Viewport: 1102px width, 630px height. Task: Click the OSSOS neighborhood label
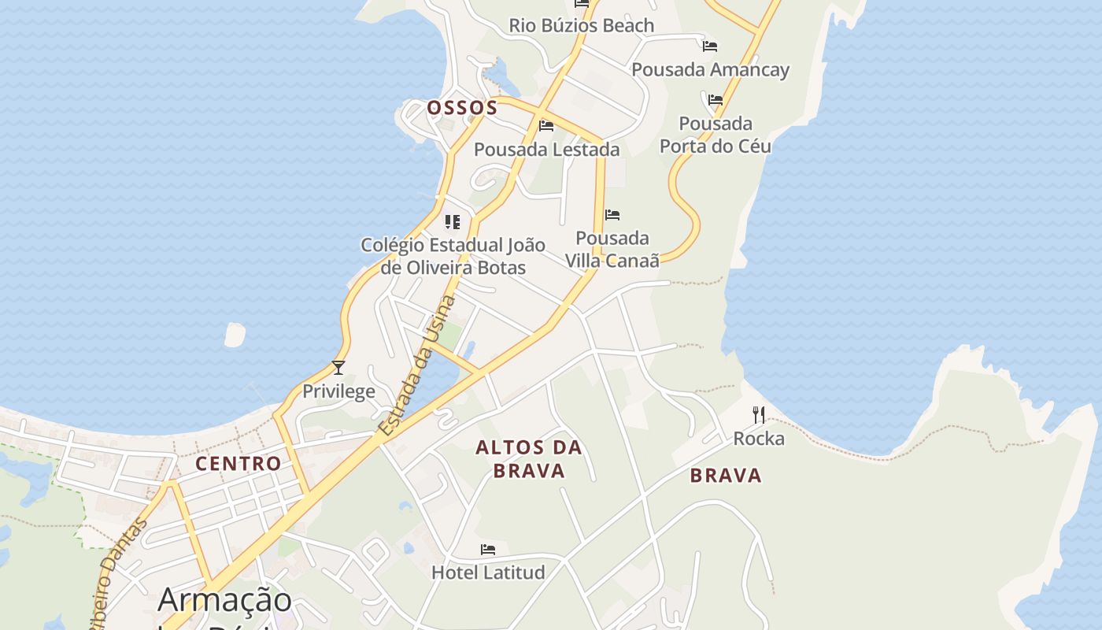pyautogui.click(x=462, y=108)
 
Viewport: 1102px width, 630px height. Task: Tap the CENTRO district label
pyautogui.click(x=239, y=463)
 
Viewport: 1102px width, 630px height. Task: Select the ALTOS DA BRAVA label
pyautogui.click(x=528, y=459)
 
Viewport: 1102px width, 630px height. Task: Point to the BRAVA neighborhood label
pyautogui.click(x=726, y=475)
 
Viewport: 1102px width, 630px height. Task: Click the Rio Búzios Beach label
pyautogui.click(x=581, y=25)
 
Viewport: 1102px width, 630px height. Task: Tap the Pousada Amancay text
pyautogui.click(x=710, y=69)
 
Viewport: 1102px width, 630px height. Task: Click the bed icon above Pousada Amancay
pyautogui.click(x=710, y=46)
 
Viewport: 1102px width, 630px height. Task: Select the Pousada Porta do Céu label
pyautogui.click(x=715, y=135)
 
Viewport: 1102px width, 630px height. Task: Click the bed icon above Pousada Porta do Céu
pyautogui.click(x=715, y=100)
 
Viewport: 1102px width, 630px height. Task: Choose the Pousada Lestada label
pyautogui.click(x=546, y=149)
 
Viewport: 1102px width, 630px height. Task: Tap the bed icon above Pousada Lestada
pyautogui.click(x=546, y=126)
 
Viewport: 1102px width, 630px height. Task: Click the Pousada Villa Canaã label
pyautogui.click(x=612, y=249)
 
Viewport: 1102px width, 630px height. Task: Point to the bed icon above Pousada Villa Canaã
pyautogui.click(x=612, y=214)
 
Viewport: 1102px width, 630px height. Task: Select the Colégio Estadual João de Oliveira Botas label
pyautogui.click(x=453, y=256)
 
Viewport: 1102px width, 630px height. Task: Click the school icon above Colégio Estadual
pyautogui.click(x=453, y=222)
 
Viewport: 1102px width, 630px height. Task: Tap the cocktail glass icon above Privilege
pyautogui.click(x=338, y=368)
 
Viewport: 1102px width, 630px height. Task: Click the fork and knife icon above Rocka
pyautogui.click(x=759, y=415)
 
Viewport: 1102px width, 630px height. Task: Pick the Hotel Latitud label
pyautogui.click(x=488, y=573)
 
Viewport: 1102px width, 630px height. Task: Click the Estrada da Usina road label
pyautogui.click(x=416, y=365)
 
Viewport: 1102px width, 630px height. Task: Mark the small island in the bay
pyautogui.click(x=235, y=335)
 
